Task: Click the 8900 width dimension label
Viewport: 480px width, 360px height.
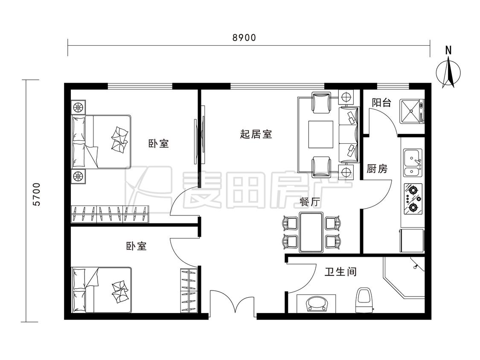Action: pyautogui.click(x=244, y=38)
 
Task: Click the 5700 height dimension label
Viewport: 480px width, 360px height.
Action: pyautogui.click(x=36, y=194)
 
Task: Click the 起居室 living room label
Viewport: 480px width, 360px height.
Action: pyautogui.click(x=256, y=134)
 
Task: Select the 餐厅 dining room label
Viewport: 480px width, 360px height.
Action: pyautogui.click(x=310, y=202)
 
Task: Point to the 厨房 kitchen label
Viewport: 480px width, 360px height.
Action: pyautogui.click(x=377, y=168)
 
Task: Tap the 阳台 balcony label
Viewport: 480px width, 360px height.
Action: pyautogui.click(x=381, y=102)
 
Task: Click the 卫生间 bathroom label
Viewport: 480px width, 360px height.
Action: pyautogui.click(x=340, y=272)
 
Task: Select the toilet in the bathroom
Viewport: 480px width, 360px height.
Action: pyautogui.click(x=365, y=300)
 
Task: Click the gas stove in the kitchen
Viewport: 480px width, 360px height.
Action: pyautogui.click(x=413, y=199)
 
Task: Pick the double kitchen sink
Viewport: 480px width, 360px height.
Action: pyautogui.click(x=413, y=163)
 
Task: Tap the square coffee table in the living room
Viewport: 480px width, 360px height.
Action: pyautogui.click(x=320, y=134)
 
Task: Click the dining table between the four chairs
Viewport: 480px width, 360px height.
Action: pyautogui.click(x=311, y=232)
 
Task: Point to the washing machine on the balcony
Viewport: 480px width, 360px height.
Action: pyautogui.click(x=411, y=111)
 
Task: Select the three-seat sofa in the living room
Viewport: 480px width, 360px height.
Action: pyautogui.click(x=349, y=135)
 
